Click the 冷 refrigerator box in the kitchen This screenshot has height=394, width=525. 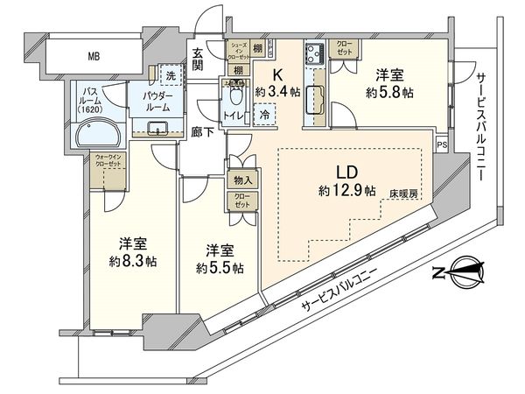point(263,113)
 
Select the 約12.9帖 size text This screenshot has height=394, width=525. point(347,189)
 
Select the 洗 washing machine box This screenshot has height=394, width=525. point(171,75)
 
